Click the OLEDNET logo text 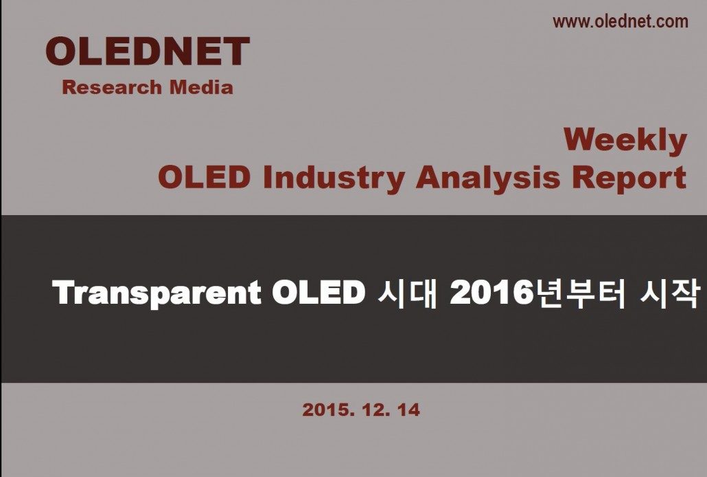pyautogui.click(x=148, y=51)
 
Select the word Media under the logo pyautogui.click(x=201, y=87)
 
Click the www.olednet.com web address pyautogui.click(x=621, y=21)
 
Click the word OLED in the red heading pyautogui.click(x=204, y=177)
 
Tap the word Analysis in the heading pyautogui.click(x=488, y=179)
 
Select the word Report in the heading pyautogui.click(x=629, y=179)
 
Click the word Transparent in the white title pyautogui.click(x=157, y=293)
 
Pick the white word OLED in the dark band pyautogui.click(x=318, y=292)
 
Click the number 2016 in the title pyautogui.click(x=491, y=292)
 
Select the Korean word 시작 pyautogui.click(x=670, y=293)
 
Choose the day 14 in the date pyautogui.click(x=408, y=410)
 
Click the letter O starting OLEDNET pyautogui.click(x=61, y=51)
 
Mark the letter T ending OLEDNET pyautogui.click(x=236, y=51)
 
